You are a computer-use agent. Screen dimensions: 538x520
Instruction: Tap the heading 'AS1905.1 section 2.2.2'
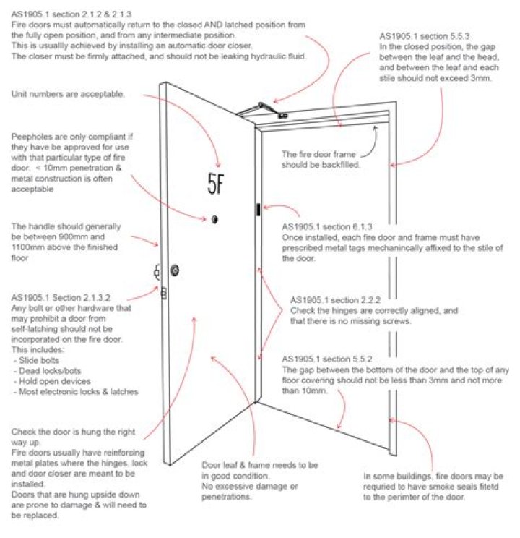(x=337, y=299)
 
